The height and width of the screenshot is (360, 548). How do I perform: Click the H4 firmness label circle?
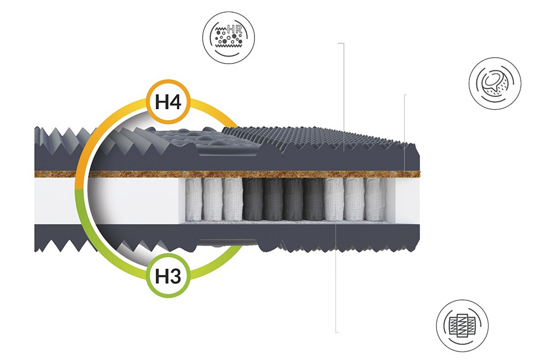[x=169, y=103]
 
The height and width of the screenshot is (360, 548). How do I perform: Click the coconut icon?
[x=495, y=83]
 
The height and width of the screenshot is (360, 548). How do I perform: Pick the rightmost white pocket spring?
[x=374, y=199]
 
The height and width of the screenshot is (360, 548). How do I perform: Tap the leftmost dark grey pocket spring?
[x=252, y=199]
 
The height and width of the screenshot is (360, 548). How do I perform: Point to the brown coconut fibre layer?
[x=289, y=174]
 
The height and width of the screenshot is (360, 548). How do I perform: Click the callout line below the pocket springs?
[x=336, y=277]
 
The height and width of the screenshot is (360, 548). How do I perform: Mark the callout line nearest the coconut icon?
[x=405, y=121]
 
